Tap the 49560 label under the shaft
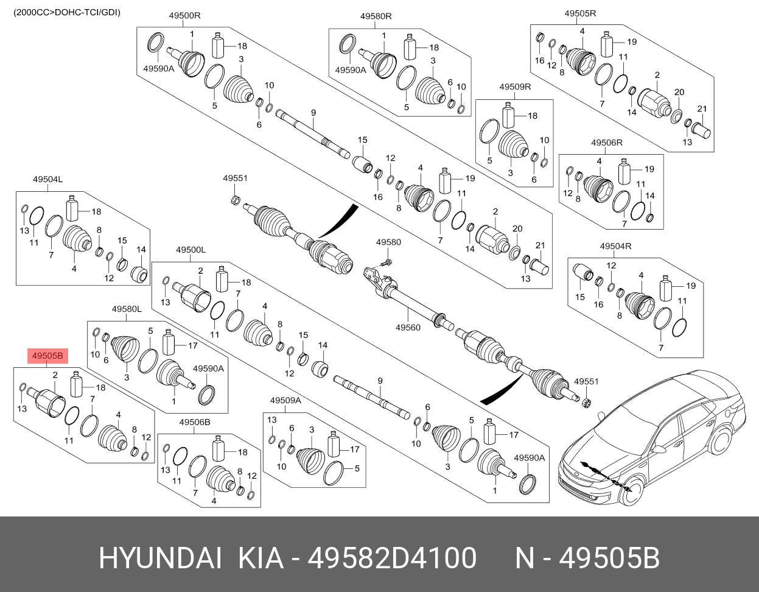(408, 328)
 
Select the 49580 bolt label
(388, 242)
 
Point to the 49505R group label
(580, 13)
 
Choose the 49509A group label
(285, 400)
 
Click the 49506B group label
(195, 422)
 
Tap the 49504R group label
(615, 246)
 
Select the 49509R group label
(515, 87)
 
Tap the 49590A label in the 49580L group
(208, 368)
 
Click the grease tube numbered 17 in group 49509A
(334, 445)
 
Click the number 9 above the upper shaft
(313, 113)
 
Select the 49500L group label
(191, 250)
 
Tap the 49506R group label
(606, 143)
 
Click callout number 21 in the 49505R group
(701, 109)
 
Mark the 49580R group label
(376, 16)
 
